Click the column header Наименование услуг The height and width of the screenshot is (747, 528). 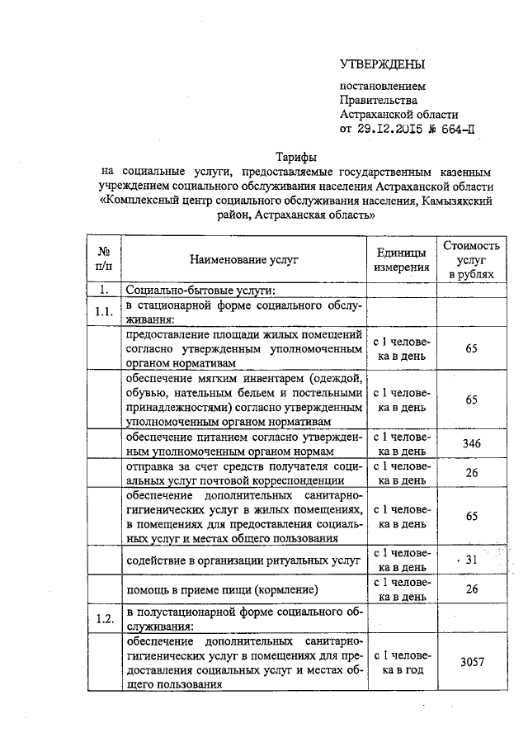coord(243,259)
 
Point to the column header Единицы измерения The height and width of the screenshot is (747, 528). coord(401,259)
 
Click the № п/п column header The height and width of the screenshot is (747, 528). coord(105,259)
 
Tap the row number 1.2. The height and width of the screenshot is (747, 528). coord(104,619)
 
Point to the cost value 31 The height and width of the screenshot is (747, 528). coord(472,560)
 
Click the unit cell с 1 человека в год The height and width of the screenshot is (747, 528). coord(401,662)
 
